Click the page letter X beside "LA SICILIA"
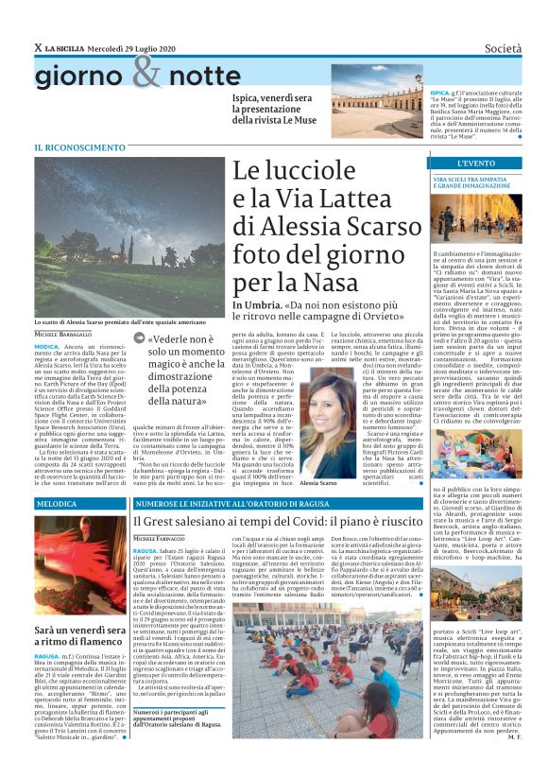39,47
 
